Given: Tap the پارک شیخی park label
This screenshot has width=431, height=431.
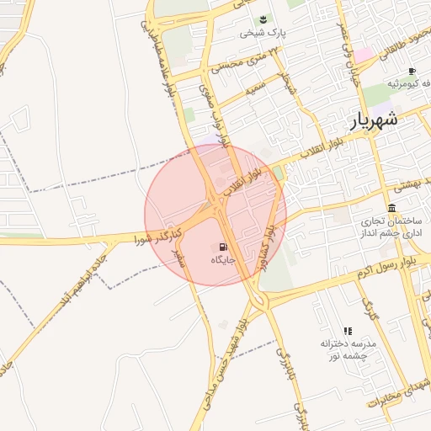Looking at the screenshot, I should (x=263, y=34).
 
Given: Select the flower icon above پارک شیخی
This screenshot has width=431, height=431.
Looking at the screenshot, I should (x=263, y=19).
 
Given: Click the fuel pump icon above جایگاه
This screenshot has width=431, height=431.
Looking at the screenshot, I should (x=222, y=247).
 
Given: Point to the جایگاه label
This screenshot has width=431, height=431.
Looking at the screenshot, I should (x=222, y=261).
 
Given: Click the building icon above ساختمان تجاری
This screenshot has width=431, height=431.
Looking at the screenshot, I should (x=392, y=208).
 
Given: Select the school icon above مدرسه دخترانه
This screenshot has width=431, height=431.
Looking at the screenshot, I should (x=348, y=331).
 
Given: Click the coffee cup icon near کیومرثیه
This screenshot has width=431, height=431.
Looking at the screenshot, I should (x=411, y=72).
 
